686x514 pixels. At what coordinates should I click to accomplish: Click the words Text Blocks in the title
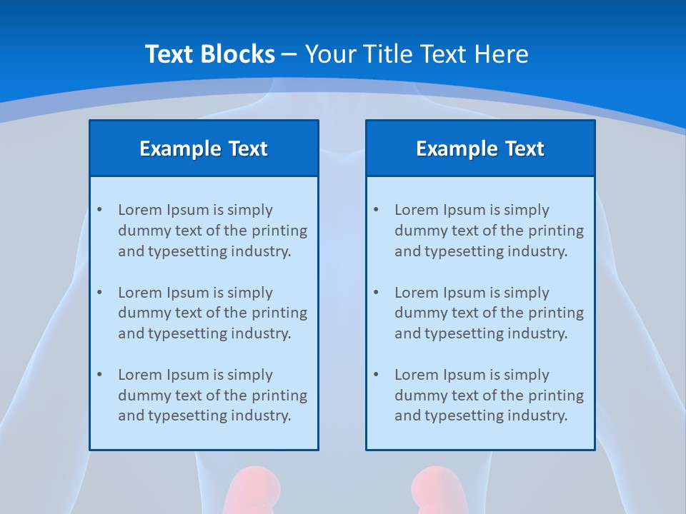pos(209,54)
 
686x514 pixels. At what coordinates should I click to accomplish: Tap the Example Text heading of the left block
pos(204,148)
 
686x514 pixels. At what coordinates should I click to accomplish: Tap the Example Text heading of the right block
pos(480,148)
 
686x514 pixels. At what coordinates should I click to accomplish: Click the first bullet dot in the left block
pos(99,210)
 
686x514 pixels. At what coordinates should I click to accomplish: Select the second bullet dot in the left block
pos(99,293)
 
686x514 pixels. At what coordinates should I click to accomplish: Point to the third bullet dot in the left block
pos(99,375)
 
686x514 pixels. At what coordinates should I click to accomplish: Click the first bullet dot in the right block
pos(376,210)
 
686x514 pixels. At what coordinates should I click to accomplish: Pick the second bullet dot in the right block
pos(376,293)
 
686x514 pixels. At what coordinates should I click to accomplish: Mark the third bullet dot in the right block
pos(376,375)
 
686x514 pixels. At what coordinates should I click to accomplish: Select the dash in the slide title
pos(289,54)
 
